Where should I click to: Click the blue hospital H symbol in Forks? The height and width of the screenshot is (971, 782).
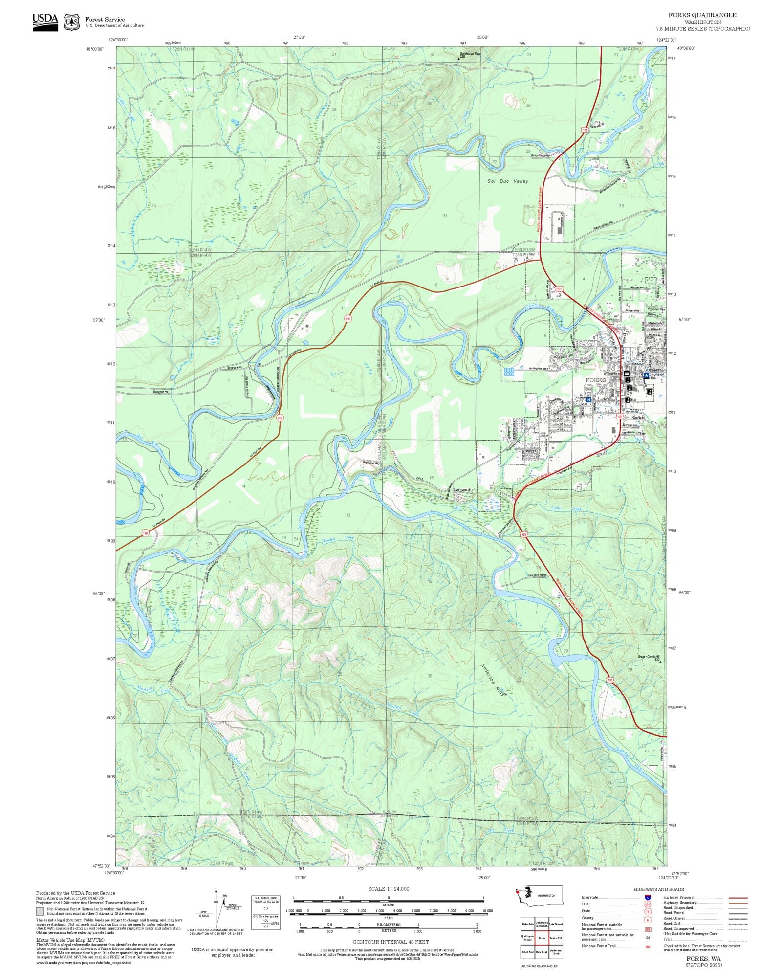(589, 399)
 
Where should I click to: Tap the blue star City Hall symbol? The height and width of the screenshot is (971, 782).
(646, 375)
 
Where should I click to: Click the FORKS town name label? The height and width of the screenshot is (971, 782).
(596, 380)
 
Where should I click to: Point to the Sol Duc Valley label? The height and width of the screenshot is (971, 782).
(507, 181)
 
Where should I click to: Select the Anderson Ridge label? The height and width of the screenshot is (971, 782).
(494, 680)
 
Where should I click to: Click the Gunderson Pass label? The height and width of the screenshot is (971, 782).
(470, 54)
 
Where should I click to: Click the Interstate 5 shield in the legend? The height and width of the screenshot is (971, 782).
(648, 898)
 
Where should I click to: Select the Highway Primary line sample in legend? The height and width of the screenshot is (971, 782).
(738, 898)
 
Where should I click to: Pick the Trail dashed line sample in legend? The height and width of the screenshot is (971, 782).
(738, 939)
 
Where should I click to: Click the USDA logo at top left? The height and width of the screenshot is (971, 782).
(45, 22)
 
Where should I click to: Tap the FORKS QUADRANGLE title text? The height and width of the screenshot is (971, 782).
(702, 15)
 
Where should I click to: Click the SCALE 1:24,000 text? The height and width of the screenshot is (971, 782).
(389, 889)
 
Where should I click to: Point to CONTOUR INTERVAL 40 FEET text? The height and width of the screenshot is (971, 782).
(391, 942)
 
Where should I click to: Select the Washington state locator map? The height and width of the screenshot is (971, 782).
(539, 896)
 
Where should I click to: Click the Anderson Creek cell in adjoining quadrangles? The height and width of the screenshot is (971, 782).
(556, 951)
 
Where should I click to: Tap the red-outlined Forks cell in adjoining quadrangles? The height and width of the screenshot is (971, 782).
(542, 938)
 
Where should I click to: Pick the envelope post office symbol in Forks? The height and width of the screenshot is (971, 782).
(627, 374)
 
